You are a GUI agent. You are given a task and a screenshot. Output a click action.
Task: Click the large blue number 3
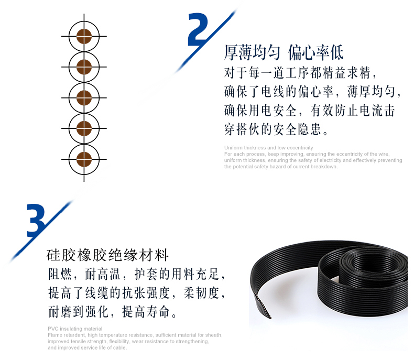tap(36, 221)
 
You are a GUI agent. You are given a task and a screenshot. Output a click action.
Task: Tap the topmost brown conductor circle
tap(84, 36)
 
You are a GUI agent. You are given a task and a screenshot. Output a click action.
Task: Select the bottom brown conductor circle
tap(84, 159)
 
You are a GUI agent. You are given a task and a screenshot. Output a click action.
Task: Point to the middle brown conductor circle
tap(84, 97)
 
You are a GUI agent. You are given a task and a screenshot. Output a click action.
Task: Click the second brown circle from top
tap(84, 67)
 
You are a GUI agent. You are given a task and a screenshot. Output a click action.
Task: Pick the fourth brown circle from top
tap(84, 128)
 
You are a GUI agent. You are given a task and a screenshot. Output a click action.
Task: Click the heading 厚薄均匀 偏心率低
tap(284, 52)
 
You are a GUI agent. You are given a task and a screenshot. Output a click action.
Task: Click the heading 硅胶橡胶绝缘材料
tap(107, 255)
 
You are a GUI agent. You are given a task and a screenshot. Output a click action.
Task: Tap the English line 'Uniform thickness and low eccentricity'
tap(268, 148)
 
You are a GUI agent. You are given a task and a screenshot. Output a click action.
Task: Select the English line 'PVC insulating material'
tap(75, 329)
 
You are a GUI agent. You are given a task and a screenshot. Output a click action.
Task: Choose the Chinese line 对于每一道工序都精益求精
tap(300, 73)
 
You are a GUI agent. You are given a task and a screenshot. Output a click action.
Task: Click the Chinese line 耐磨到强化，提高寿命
tap(112, 312)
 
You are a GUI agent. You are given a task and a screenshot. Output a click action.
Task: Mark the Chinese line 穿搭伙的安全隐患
tap(276, 129)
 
